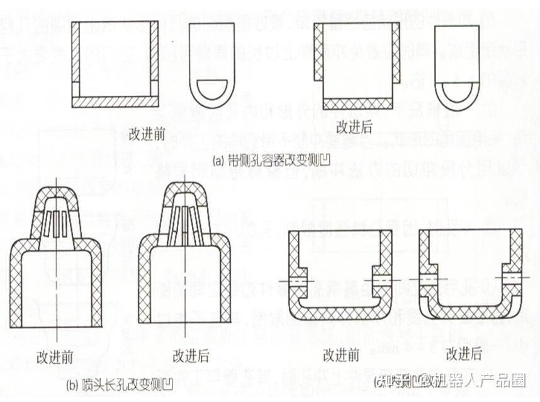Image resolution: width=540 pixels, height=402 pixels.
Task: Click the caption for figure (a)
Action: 271,160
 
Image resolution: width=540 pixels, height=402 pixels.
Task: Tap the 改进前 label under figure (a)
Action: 147,134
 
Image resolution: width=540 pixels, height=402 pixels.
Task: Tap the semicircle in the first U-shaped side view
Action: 215,88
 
